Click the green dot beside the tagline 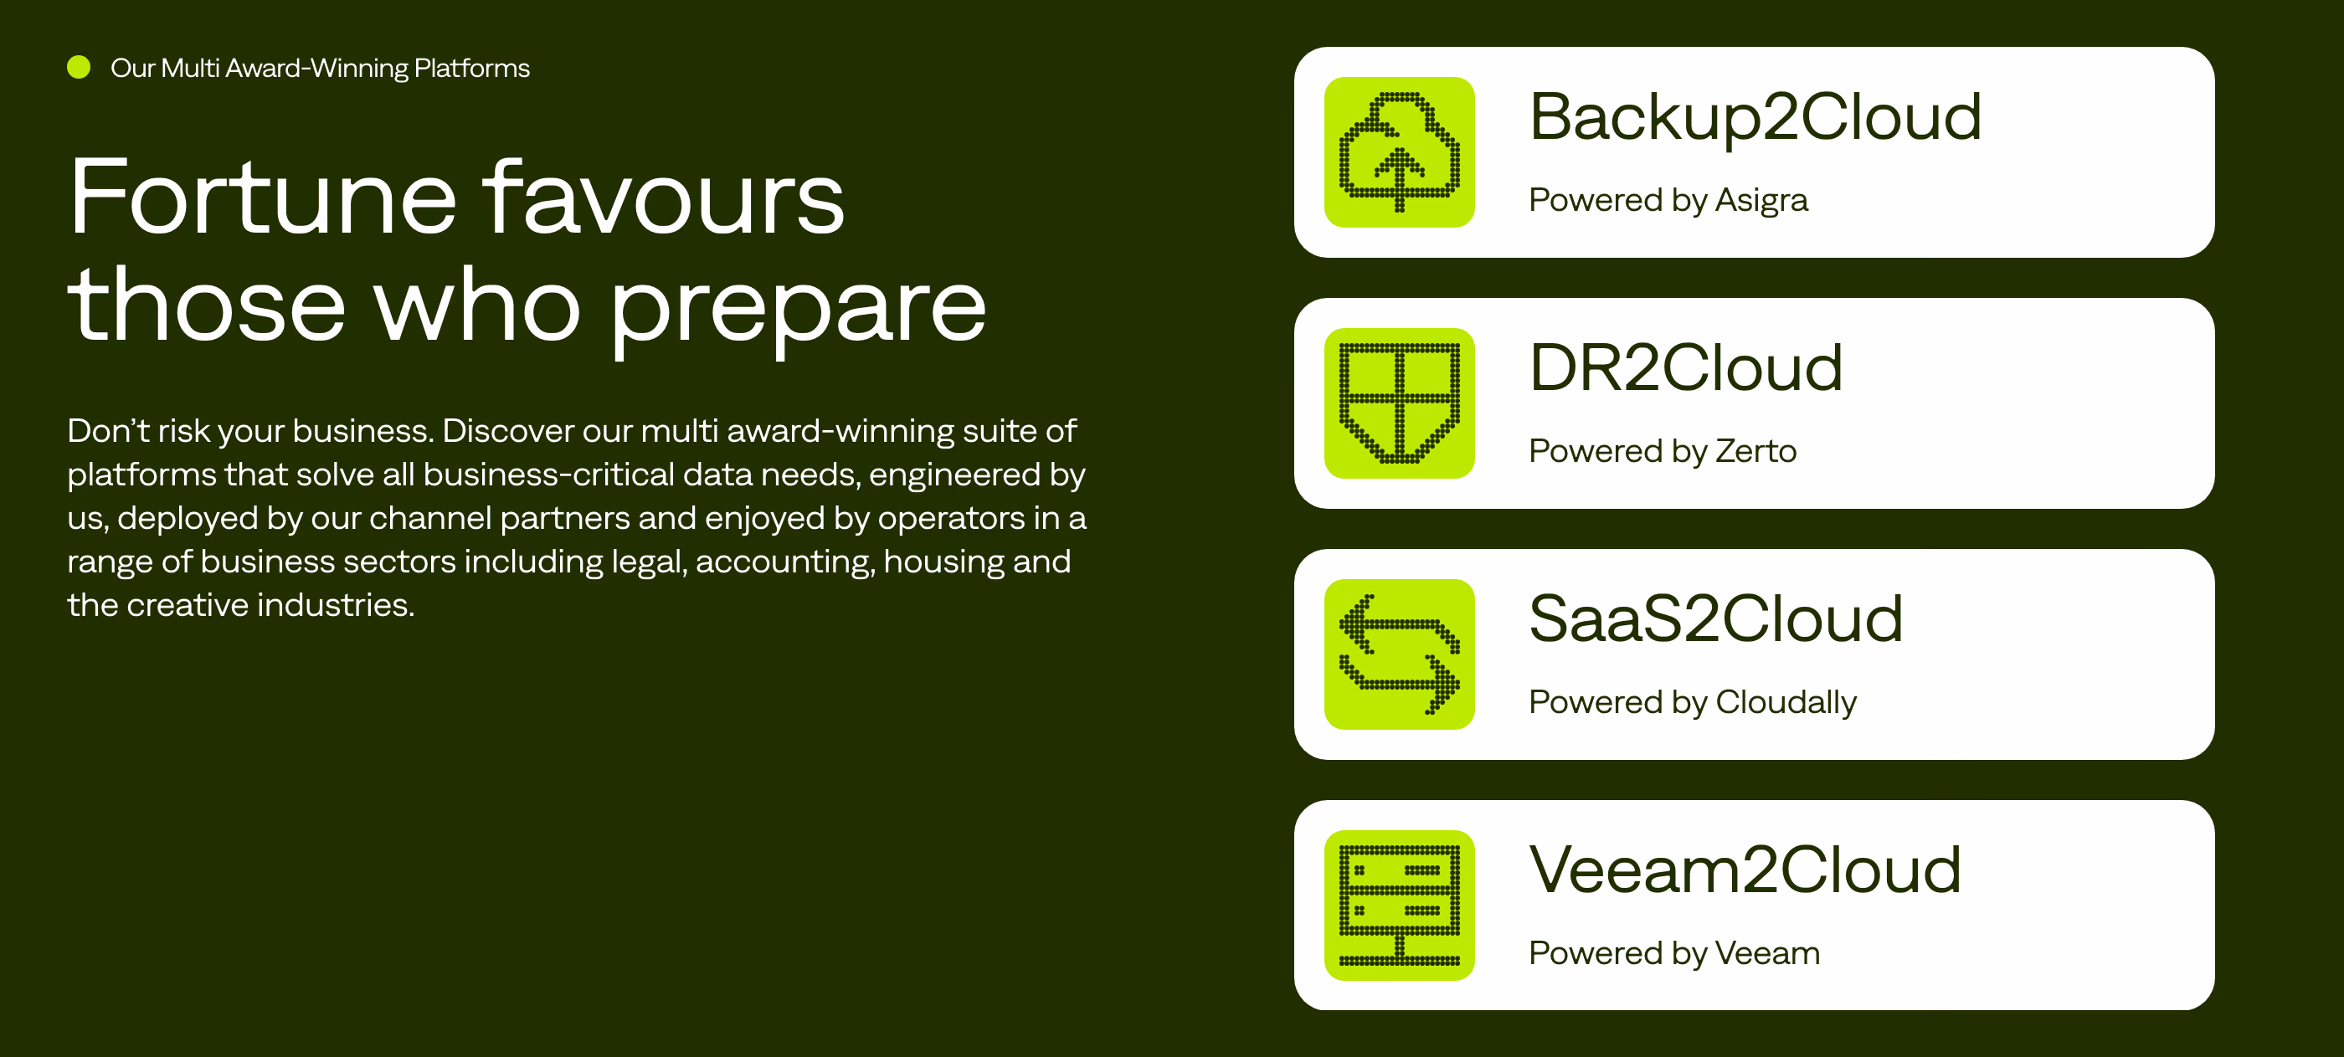80,67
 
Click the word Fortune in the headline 262,198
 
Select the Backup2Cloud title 1755,118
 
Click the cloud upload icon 1400,152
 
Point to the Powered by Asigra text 1668,200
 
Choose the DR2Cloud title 1686,367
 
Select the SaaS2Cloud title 1716,618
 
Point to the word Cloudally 1786,702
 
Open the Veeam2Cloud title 1745,870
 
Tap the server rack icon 1400,905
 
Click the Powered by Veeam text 1674,953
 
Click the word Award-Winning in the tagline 316,69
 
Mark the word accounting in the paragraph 784,562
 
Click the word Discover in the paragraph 508,430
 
